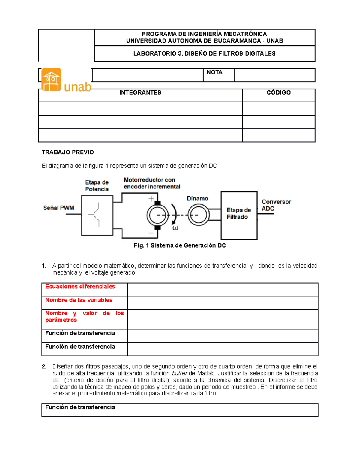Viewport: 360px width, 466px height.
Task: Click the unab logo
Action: [66, 80]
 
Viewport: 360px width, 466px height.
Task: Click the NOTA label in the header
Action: [214, 72]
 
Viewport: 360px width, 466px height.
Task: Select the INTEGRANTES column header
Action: [140, 93]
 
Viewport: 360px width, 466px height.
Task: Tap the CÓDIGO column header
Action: [279, 93]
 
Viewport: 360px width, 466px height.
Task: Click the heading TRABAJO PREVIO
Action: [68, 152]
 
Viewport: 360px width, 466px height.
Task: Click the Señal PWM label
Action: [58, 208]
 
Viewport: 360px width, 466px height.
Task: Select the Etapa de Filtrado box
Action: [239, 215]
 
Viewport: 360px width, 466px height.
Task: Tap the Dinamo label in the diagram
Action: [197, 199]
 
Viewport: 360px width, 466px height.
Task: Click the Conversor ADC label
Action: [276, 205]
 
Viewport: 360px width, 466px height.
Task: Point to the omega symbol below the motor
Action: [175, 228]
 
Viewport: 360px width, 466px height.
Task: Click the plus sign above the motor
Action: [151, 199]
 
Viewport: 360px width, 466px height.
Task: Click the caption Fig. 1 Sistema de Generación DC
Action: [180, 245]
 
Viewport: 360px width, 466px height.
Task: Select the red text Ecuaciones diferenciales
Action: [80, 287]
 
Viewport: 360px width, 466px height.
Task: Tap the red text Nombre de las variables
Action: [79, 300]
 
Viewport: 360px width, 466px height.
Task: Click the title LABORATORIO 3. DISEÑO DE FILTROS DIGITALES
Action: [204, 54]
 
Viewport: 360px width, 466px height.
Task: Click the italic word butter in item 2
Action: [179, 374]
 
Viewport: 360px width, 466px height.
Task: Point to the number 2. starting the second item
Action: [44, 367]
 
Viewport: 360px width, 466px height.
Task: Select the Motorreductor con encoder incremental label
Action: [152, 183]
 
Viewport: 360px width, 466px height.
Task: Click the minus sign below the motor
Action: [151, 233]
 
